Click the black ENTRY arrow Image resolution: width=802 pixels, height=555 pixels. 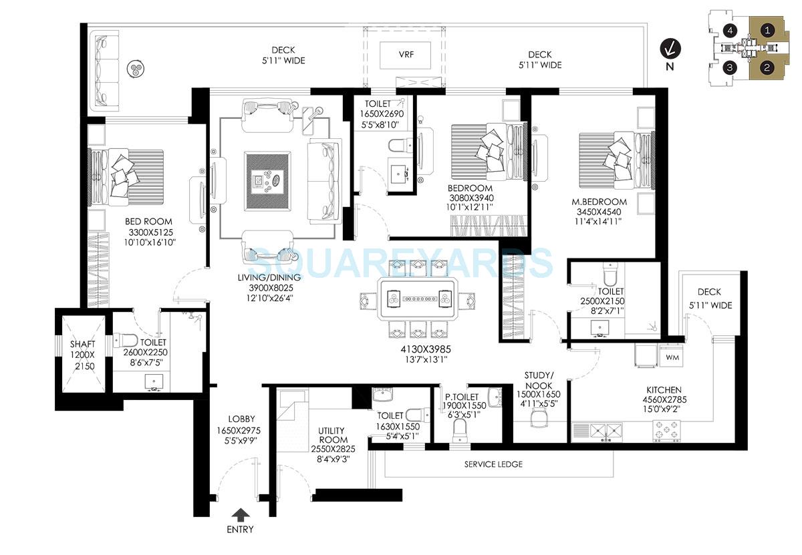tap(240, 514)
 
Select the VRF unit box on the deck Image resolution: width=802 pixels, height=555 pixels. tap(406, 55)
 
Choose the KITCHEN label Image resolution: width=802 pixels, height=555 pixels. tap(664, 389)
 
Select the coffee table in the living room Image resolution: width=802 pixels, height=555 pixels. tap(267, 180)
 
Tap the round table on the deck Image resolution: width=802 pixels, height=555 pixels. tap(136, 68)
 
